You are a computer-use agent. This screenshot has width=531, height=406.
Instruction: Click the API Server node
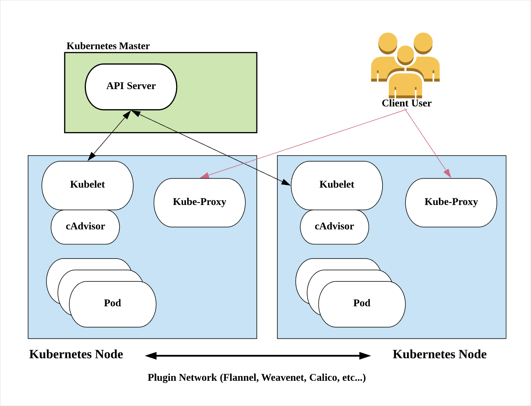click(131, 86)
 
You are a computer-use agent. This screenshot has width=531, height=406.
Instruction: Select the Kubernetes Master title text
click(108, 46)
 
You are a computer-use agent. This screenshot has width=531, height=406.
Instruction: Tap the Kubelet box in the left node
click(87, 185)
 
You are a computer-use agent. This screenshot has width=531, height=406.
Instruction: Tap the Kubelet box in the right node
click(337, 185)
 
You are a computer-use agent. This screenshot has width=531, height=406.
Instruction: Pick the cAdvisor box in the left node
click(85, 227)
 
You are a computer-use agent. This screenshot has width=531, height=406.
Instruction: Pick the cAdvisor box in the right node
click(334, 227)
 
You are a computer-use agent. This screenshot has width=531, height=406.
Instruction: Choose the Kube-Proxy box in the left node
click(199, 202)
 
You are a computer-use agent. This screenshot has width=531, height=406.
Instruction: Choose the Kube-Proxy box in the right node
click(451, 202)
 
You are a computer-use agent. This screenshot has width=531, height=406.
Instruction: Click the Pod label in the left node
click(112, 303)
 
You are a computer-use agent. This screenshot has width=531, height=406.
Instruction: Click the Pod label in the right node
click(362, 303)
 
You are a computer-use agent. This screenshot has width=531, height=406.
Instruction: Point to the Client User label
click(407, 103)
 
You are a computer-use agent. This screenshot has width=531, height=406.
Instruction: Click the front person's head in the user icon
click(405, 54)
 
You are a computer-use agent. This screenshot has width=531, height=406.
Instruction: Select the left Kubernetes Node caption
click(76, 354)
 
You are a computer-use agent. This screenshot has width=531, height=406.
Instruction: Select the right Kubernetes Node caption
click(440, 354)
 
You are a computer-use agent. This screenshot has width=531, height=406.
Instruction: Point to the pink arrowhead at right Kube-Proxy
click(447, 173)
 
